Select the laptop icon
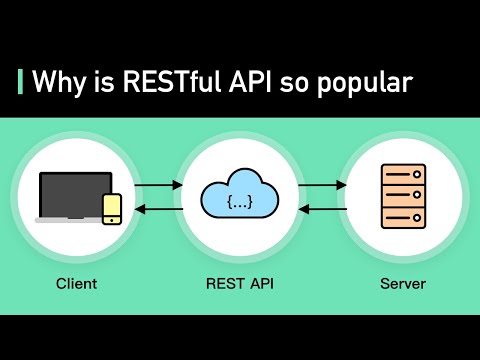tap(74, 196)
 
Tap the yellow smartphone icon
tap(112, 207)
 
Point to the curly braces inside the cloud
tap(239, 203)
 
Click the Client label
tap(77, 284)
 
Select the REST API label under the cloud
tap(239, 284)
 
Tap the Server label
tap(403, 284)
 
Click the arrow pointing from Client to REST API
tap(158, 185)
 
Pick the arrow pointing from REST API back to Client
tap(158, 209)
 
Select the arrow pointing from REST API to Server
tap(321, 185)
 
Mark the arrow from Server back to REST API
tap(321, 209)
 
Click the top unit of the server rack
tap(403, 174)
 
